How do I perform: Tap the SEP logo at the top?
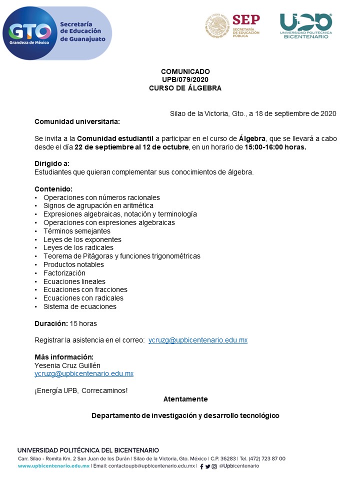pos(232,25)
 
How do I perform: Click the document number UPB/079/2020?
pos(185,79)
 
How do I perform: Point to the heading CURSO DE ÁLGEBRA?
pos(185,88)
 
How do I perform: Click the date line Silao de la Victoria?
pos(253,113)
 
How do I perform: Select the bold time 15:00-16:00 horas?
pos(275,147)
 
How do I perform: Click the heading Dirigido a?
pos(52,163)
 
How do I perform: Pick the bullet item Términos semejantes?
pos(76,231)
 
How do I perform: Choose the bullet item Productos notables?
pos(73,264)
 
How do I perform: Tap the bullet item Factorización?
pos(64,273)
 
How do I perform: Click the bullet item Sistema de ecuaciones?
pos(79,306)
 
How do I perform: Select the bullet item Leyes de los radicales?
pos(78,247)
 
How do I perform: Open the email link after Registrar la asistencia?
pos(198,340)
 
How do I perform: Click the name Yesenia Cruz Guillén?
pos(68,365)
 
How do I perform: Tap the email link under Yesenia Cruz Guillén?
pos(84,373)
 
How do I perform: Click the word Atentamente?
pos(185,399)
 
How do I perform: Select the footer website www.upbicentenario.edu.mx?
pos(53,466)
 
